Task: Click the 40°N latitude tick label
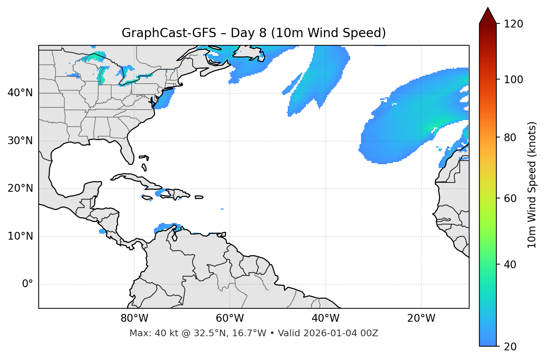tap(20, 93)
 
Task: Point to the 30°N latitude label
tap(20, 141)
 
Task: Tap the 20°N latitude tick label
tap(20, 188)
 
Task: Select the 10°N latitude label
tap(20, 236)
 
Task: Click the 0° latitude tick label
tap(28, 284)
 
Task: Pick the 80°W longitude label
tap(134, 318)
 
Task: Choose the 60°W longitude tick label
tap(230, 318)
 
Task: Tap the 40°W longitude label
tap(325, 318)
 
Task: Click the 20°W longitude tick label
tap(421, 318)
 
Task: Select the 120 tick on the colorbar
tap(513, 24)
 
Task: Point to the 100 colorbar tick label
tap(513, 80)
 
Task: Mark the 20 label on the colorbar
tap(510, 347)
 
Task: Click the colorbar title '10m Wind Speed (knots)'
tap(532, 185)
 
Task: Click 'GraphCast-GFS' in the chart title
tap(169, 33)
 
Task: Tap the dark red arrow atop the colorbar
tap(488, 16)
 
